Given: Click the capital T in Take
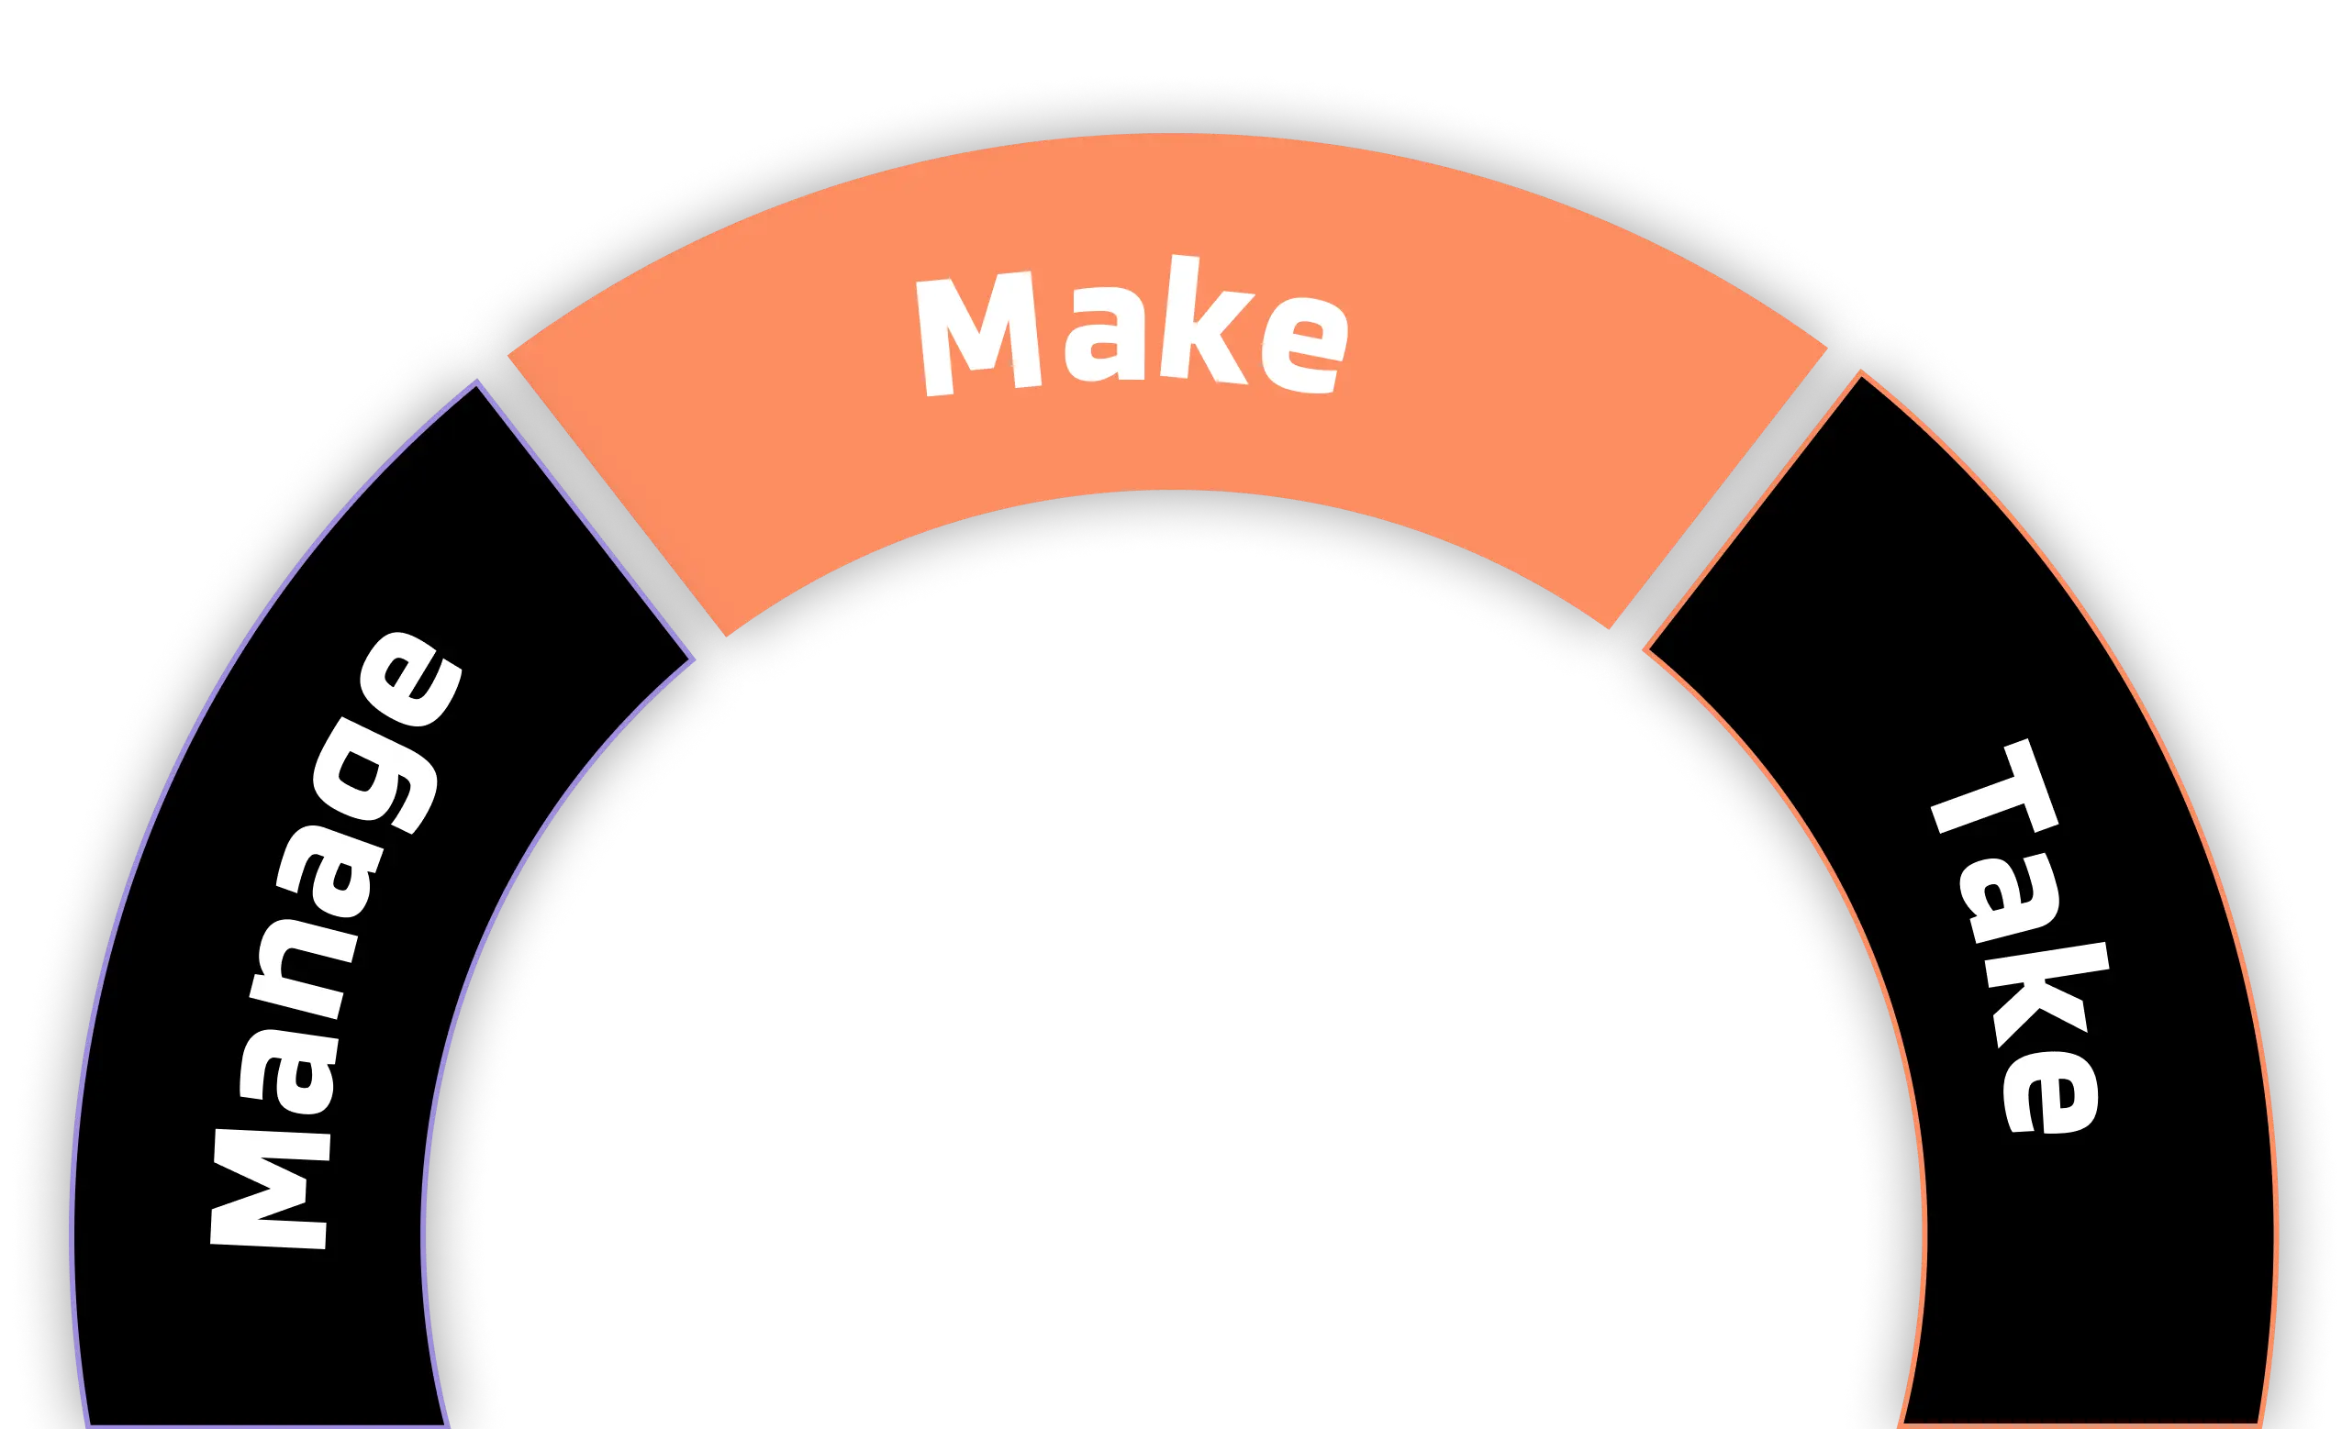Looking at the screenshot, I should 1987,798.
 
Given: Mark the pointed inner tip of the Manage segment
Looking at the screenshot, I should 692,658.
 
